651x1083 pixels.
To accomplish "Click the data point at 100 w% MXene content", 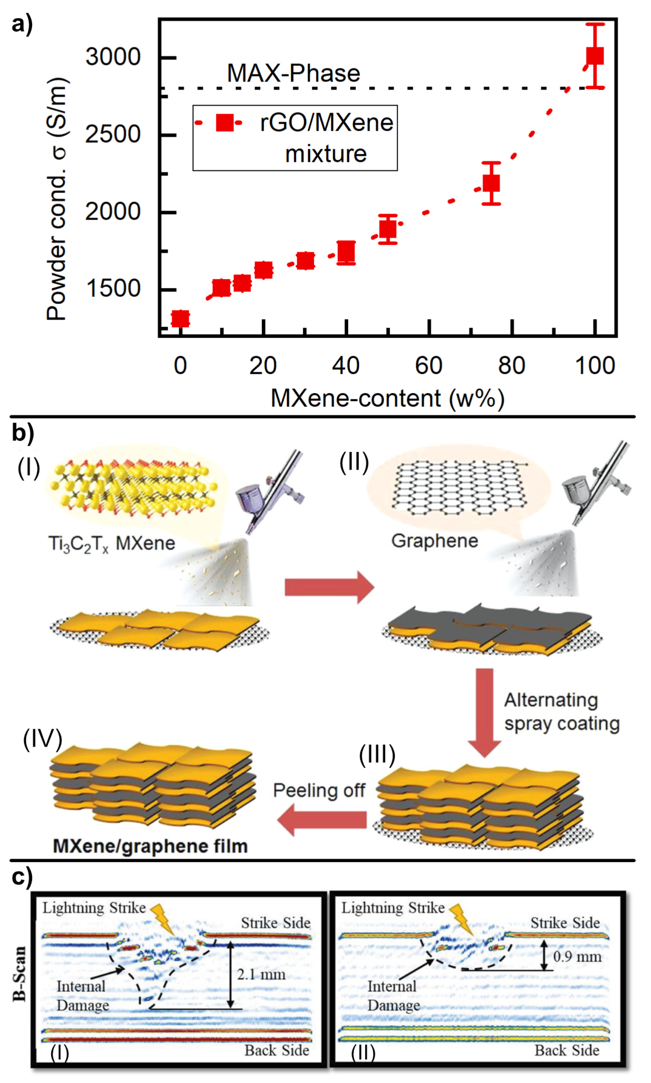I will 595,56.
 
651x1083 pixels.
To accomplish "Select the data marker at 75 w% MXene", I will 491,183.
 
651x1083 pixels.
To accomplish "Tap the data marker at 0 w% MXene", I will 180,318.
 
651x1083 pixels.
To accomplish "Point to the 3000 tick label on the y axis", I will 113,57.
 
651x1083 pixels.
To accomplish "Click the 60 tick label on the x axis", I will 428,366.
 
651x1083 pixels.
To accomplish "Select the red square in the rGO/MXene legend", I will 225,122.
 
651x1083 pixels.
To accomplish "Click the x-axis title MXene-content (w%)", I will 387,399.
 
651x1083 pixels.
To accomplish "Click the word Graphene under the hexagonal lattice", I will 434,541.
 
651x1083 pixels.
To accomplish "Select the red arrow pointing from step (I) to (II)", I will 329,587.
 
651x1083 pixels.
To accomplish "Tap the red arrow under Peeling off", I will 322,820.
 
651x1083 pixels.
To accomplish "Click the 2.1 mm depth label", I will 261,975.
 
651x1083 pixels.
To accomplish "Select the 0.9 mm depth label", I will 577,956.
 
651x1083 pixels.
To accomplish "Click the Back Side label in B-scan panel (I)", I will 277,1050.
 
